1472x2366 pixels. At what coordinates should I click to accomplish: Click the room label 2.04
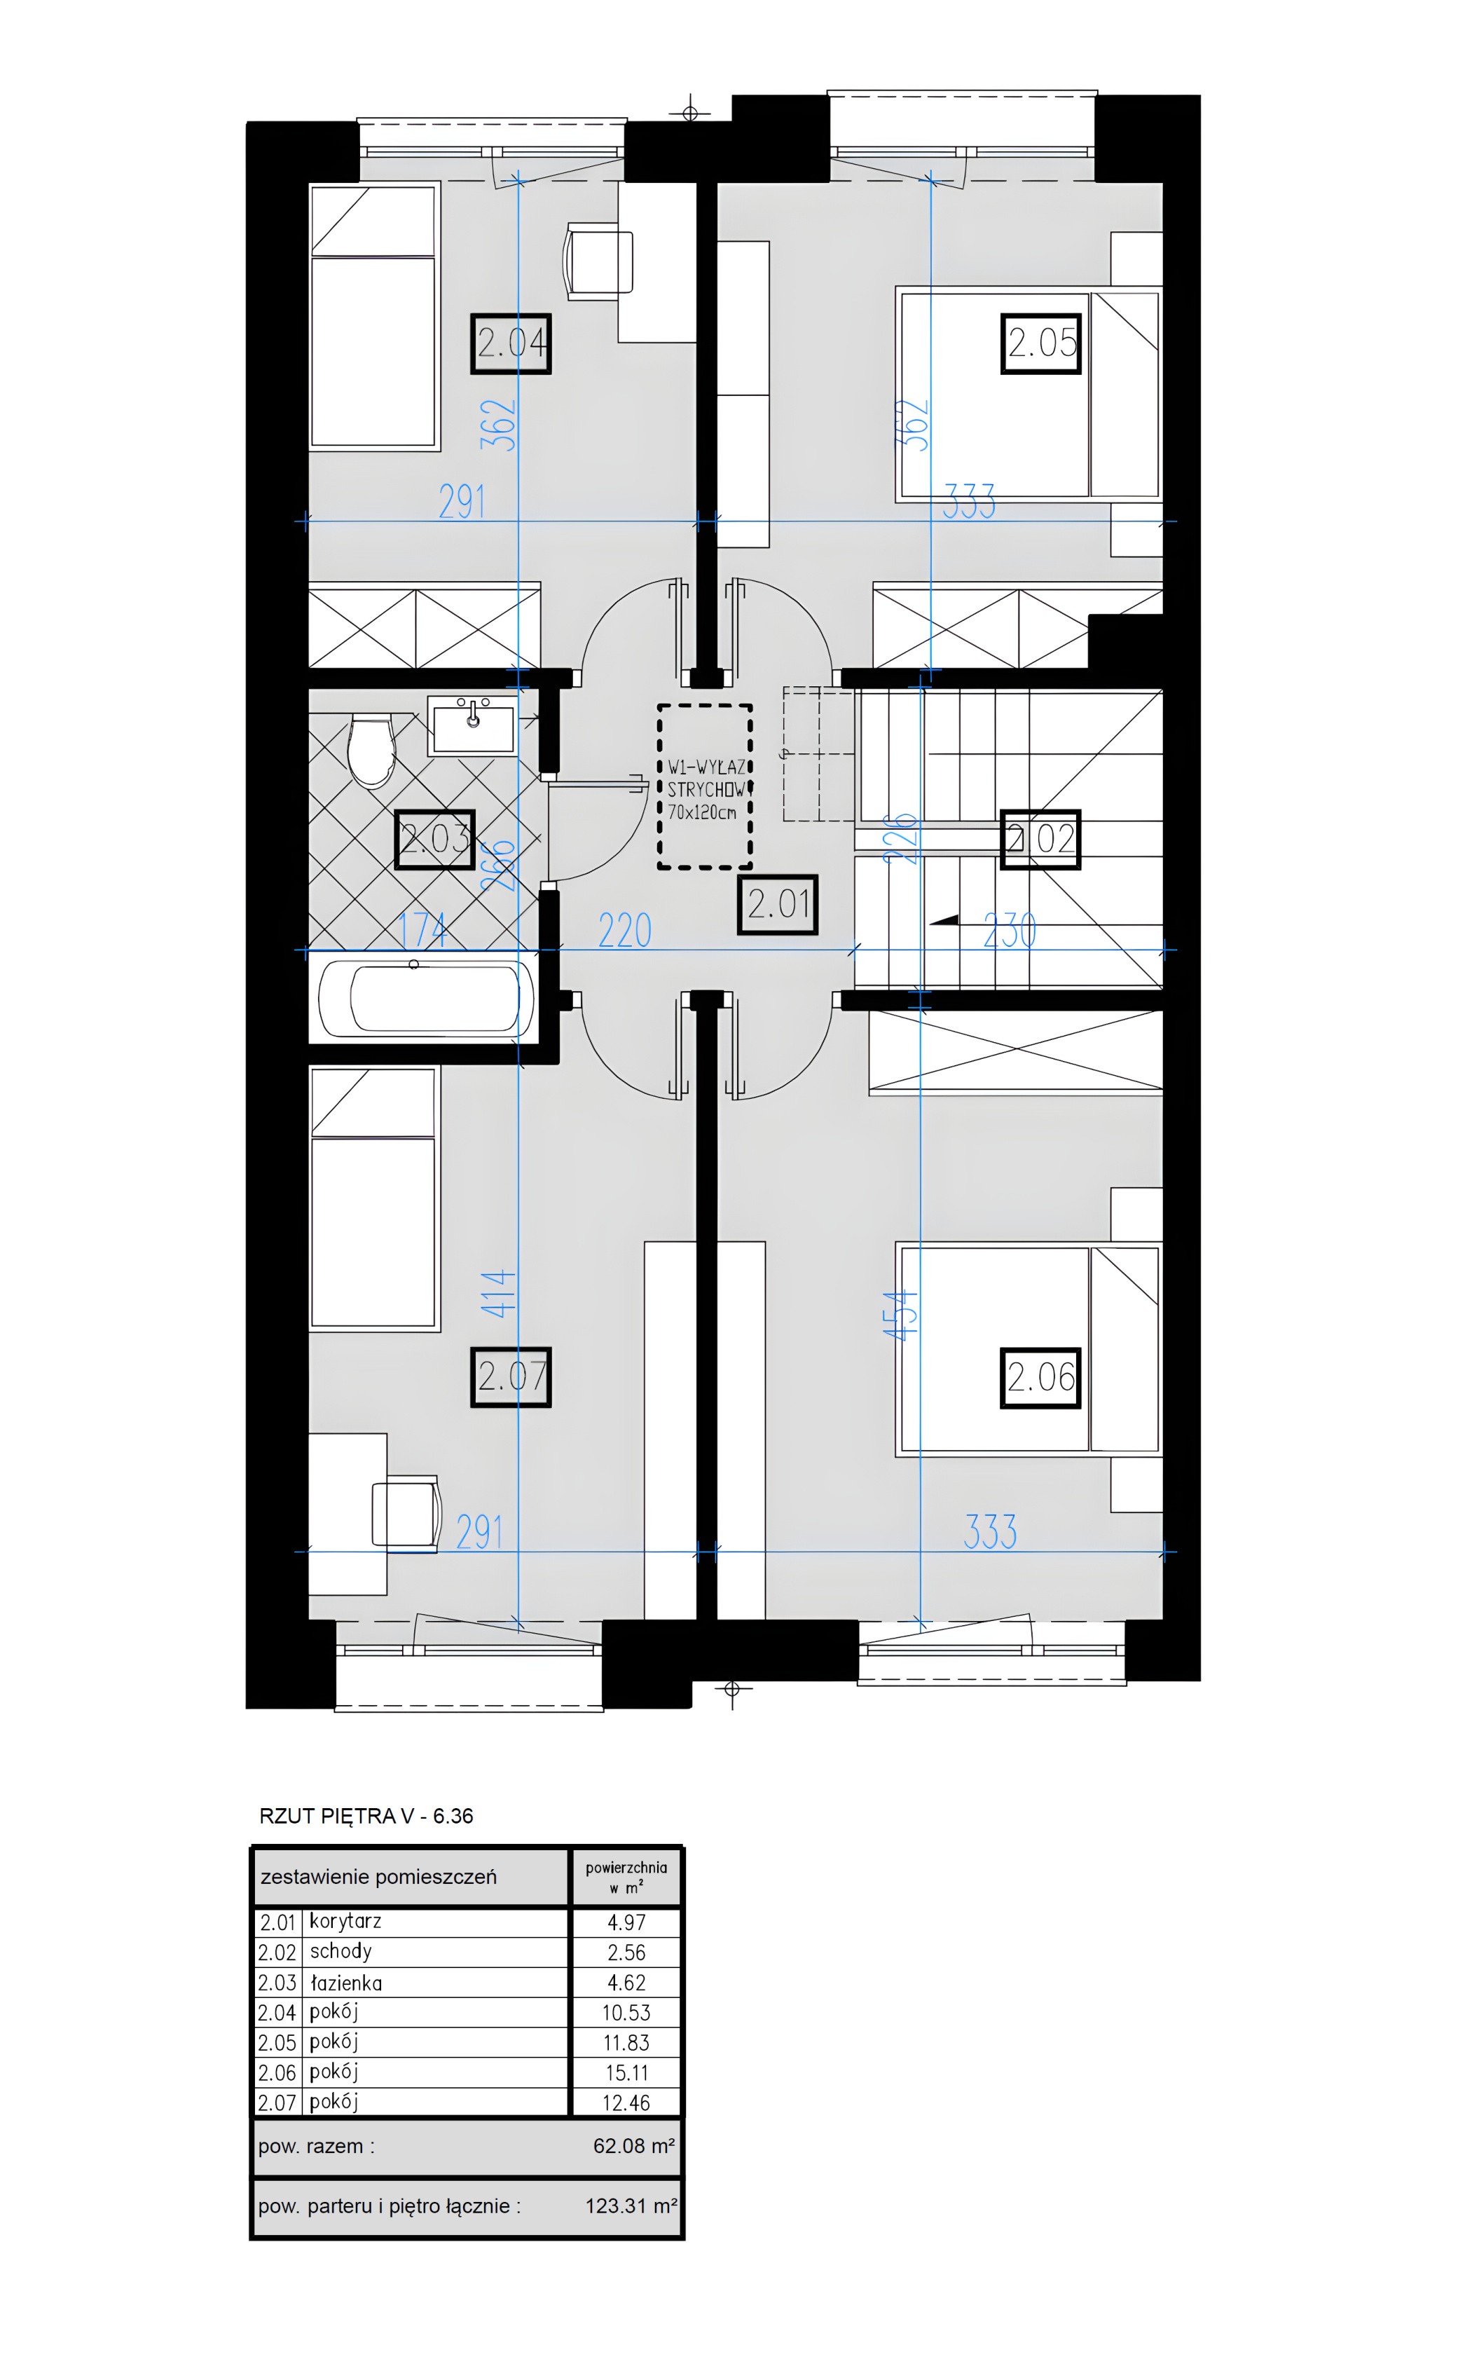point(511,343)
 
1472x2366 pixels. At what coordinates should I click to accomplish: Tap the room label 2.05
point(1042,343)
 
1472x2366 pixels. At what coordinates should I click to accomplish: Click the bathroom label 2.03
point(435,840)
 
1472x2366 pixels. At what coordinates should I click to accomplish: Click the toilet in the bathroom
point(370,750)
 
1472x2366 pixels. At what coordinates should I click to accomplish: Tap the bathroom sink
point(473,725)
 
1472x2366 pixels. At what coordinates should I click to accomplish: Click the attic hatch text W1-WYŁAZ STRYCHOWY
point(706,790)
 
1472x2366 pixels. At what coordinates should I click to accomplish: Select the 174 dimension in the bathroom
point(423,930)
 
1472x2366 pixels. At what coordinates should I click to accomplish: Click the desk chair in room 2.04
point(599,260)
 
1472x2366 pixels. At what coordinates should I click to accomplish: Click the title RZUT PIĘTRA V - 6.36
point(366,1816)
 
